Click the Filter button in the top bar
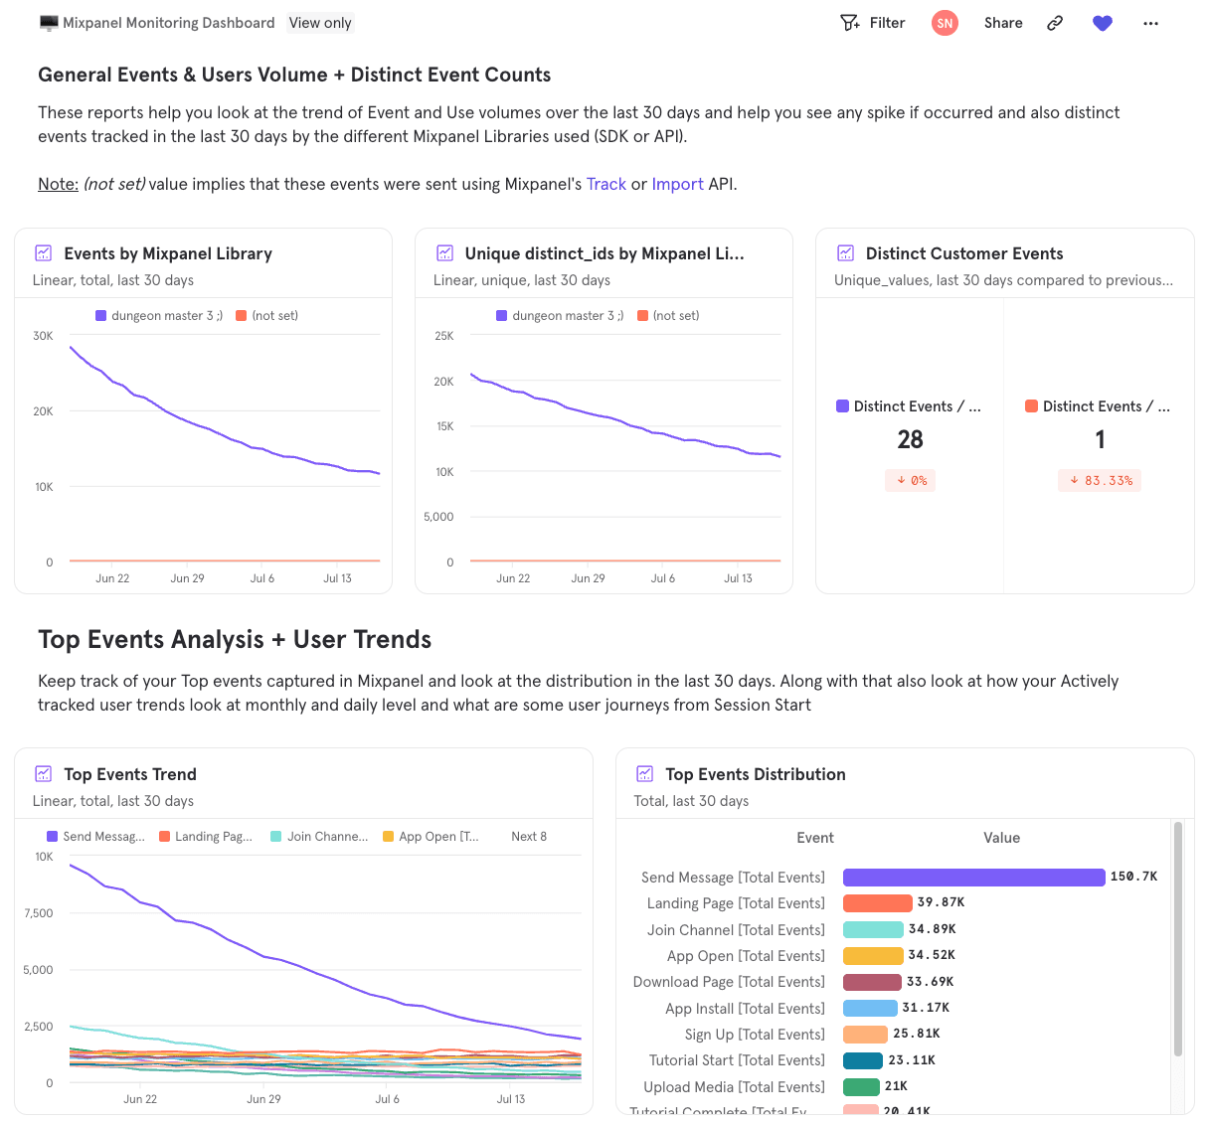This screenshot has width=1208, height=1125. [873, 23]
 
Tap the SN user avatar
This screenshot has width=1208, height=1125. [945, 23]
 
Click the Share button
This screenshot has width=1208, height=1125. [1003, 23]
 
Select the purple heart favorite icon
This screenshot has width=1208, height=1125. [1102, 23]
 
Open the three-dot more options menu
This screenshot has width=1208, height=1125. [1150, 23]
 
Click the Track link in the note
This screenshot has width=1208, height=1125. [605, 184]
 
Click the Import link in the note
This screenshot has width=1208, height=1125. [677, 184]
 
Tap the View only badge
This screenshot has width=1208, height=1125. [320, 23]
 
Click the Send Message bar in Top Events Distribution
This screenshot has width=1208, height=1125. [973, 877]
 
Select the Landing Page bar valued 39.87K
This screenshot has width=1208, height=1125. [877, 902]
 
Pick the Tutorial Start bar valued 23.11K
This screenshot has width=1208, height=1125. [862, 1060]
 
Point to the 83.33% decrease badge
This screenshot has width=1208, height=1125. [1100, 481]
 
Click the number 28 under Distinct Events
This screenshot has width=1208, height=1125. [910, 439]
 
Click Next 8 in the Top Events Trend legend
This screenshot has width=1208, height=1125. [529, 837]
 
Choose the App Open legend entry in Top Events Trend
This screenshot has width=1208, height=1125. [431, 837]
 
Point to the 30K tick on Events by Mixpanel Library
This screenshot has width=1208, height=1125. [43, 336]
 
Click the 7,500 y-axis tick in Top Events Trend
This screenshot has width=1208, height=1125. [39, 913]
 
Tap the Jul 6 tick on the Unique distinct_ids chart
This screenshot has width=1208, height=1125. [663, 578]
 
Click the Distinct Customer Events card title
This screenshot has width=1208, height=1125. [963, 253]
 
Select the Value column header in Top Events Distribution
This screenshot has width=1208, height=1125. [1001, 838]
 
